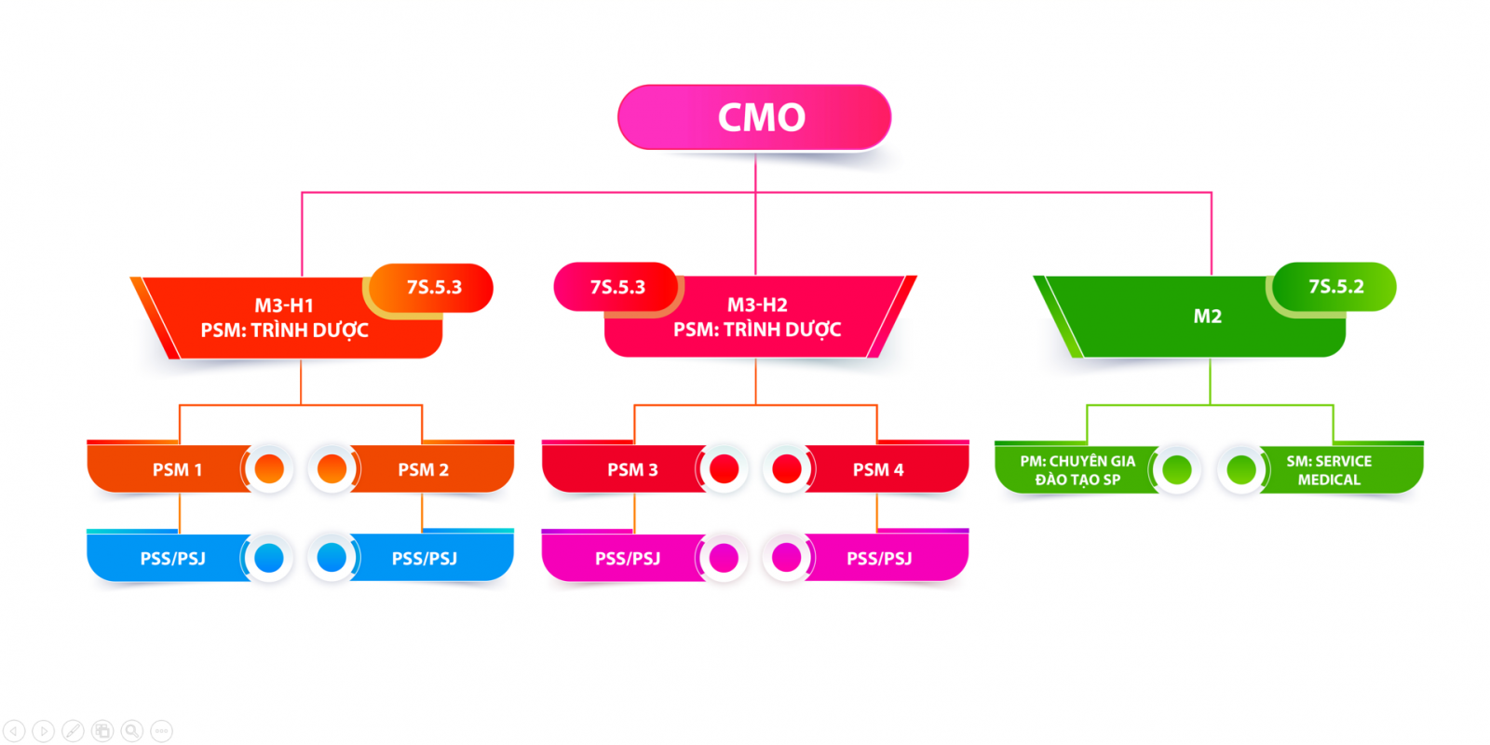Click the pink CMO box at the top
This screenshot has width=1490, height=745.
[754, 117]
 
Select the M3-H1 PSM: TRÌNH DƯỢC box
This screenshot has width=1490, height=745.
[284, 318]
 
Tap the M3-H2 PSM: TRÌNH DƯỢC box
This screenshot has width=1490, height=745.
[756, 318]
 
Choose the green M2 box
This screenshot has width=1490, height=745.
[1207, 317]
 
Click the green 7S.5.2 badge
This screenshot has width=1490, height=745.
[1335, 287]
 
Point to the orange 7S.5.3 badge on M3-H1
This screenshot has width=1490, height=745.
[434, 288]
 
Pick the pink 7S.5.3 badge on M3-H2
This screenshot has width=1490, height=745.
[616, 287]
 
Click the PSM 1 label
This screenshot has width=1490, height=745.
[177, 470]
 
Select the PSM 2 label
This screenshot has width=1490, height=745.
[424, 470]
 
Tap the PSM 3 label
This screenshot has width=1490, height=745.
[632, 470]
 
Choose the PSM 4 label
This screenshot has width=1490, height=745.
[878, 470]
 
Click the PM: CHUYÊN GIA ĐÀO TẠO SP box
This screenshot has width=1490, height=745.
[1077, 470]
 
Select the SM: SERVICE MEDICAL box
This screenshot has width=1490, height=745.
[1329, 470]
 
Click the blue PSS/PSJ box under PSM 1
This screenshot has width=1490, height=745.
[172, 559]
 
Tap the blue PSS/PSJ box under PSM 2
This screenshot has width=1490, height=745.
[425, 559]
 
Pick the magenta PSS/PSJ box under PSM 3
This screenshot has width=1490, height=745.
[628, 559]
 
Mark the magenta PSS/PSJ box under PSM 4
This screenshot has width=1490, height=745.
[879, 559]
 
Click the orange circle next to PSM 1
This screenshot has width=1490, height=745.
[269, 468]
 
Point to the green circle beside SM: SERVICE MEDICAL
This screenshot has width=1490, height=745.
[1240, 469]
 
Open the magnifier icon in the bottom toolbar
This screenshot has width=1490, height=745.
[132, 731]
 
